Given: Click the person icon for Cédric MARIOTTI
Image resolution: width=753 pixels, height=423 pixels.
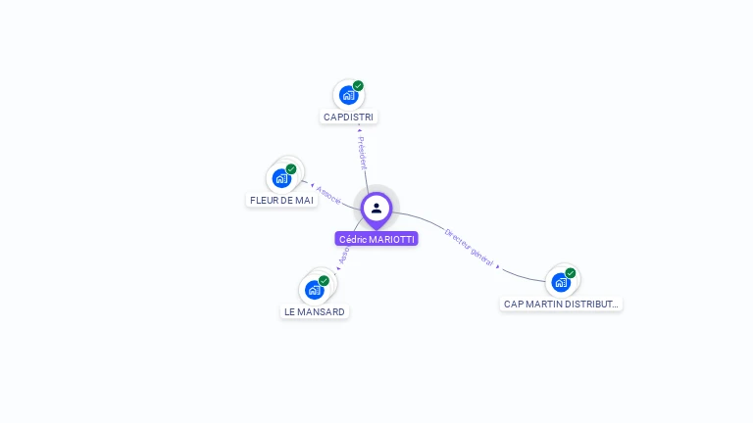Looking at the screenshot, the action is coord(376,208).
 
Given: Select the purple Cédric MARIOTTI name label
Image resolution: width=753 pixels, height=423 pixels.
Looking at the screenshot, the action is coord(376,239).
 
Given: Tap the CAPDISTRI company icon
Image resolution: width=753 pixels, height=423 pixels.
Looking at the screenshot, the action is coord(347,95).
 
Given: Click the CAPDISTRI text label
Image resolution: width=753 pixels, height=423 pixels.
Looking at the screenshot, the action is coord(348,117).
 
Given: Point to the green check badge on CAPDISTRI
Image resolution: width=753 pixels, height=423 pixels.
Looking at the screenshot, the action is coord(358,86).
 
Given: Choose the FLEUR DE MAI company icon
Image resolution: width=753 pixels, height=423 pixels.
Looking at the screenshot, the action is coord(281,178).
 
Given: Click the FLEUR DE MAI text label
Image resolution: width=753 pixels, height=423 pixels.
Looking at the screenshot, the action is coord(281,201).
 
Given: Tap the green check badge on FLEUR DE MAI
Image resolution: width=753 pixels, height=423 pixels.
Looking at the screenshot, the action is coord(291,169).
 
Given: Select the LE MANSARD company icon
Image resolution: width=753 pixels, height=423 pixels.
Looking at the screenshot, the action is coord(314,290).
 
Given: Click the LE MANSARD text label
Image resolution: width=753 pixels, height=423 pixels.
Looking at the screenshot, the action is coord(315,312).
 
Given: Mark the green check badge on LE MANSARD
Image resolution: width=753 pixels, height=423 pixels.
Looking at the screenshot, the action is coord(324,281).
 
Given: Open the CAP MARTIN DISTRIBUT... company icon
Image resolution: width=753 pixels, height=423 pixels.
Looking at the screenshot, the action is coord(560,282).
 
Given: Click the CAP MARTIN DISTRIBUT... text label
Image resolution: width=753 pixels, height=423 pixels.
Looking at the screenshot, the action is coord(561,305).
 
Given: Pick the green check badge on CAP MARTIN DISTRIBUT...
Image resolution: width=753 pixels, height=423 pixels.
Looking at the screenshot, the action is coord(570,273).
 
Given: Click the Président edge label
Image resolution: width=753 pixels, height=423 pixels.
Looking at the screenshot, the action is coord(362,153).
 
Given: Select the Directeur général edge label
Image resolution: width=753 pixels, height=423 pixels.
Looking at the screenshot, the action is coord(469,247).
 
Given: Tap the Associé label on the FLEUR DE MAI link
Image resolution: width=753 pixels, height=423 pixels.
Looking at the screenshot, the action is coord(329,195).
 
